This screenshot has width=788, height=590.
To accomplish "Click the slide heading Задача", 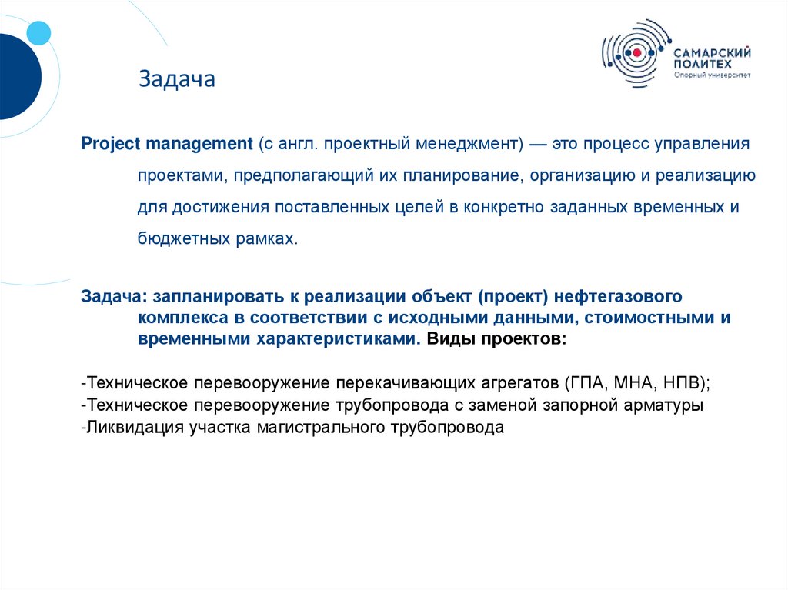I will [x=176, y=79].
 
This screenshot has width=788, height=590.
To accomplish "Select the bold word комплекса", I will [x=183, y=318].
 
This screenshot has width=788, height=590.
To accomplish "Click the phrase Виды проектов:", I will [x=497, y=338].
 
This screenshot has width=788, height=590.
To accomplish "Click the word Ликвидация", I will [x=135, y=428].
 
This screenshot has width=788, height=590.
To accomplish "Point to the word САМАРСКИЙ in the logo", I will [x=713, y=52].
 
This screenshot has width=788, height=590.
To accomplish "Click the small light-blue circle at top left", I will [x=38, y=32].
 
